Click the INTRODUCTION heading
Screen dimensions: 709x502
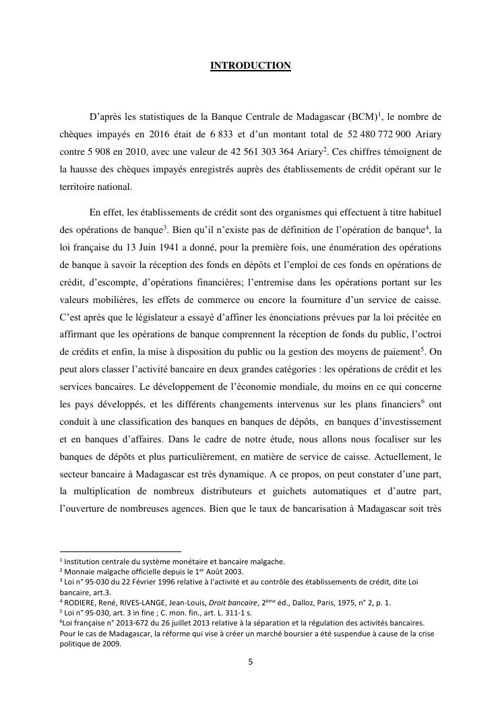tap(251, 65)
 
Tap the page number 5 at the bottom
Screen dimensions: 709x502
tap(251, 661)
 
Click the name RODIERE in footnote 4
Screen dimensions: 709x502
tap(81, 603)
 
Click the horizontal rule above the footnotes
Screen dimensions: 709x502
tap(121, 551)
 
